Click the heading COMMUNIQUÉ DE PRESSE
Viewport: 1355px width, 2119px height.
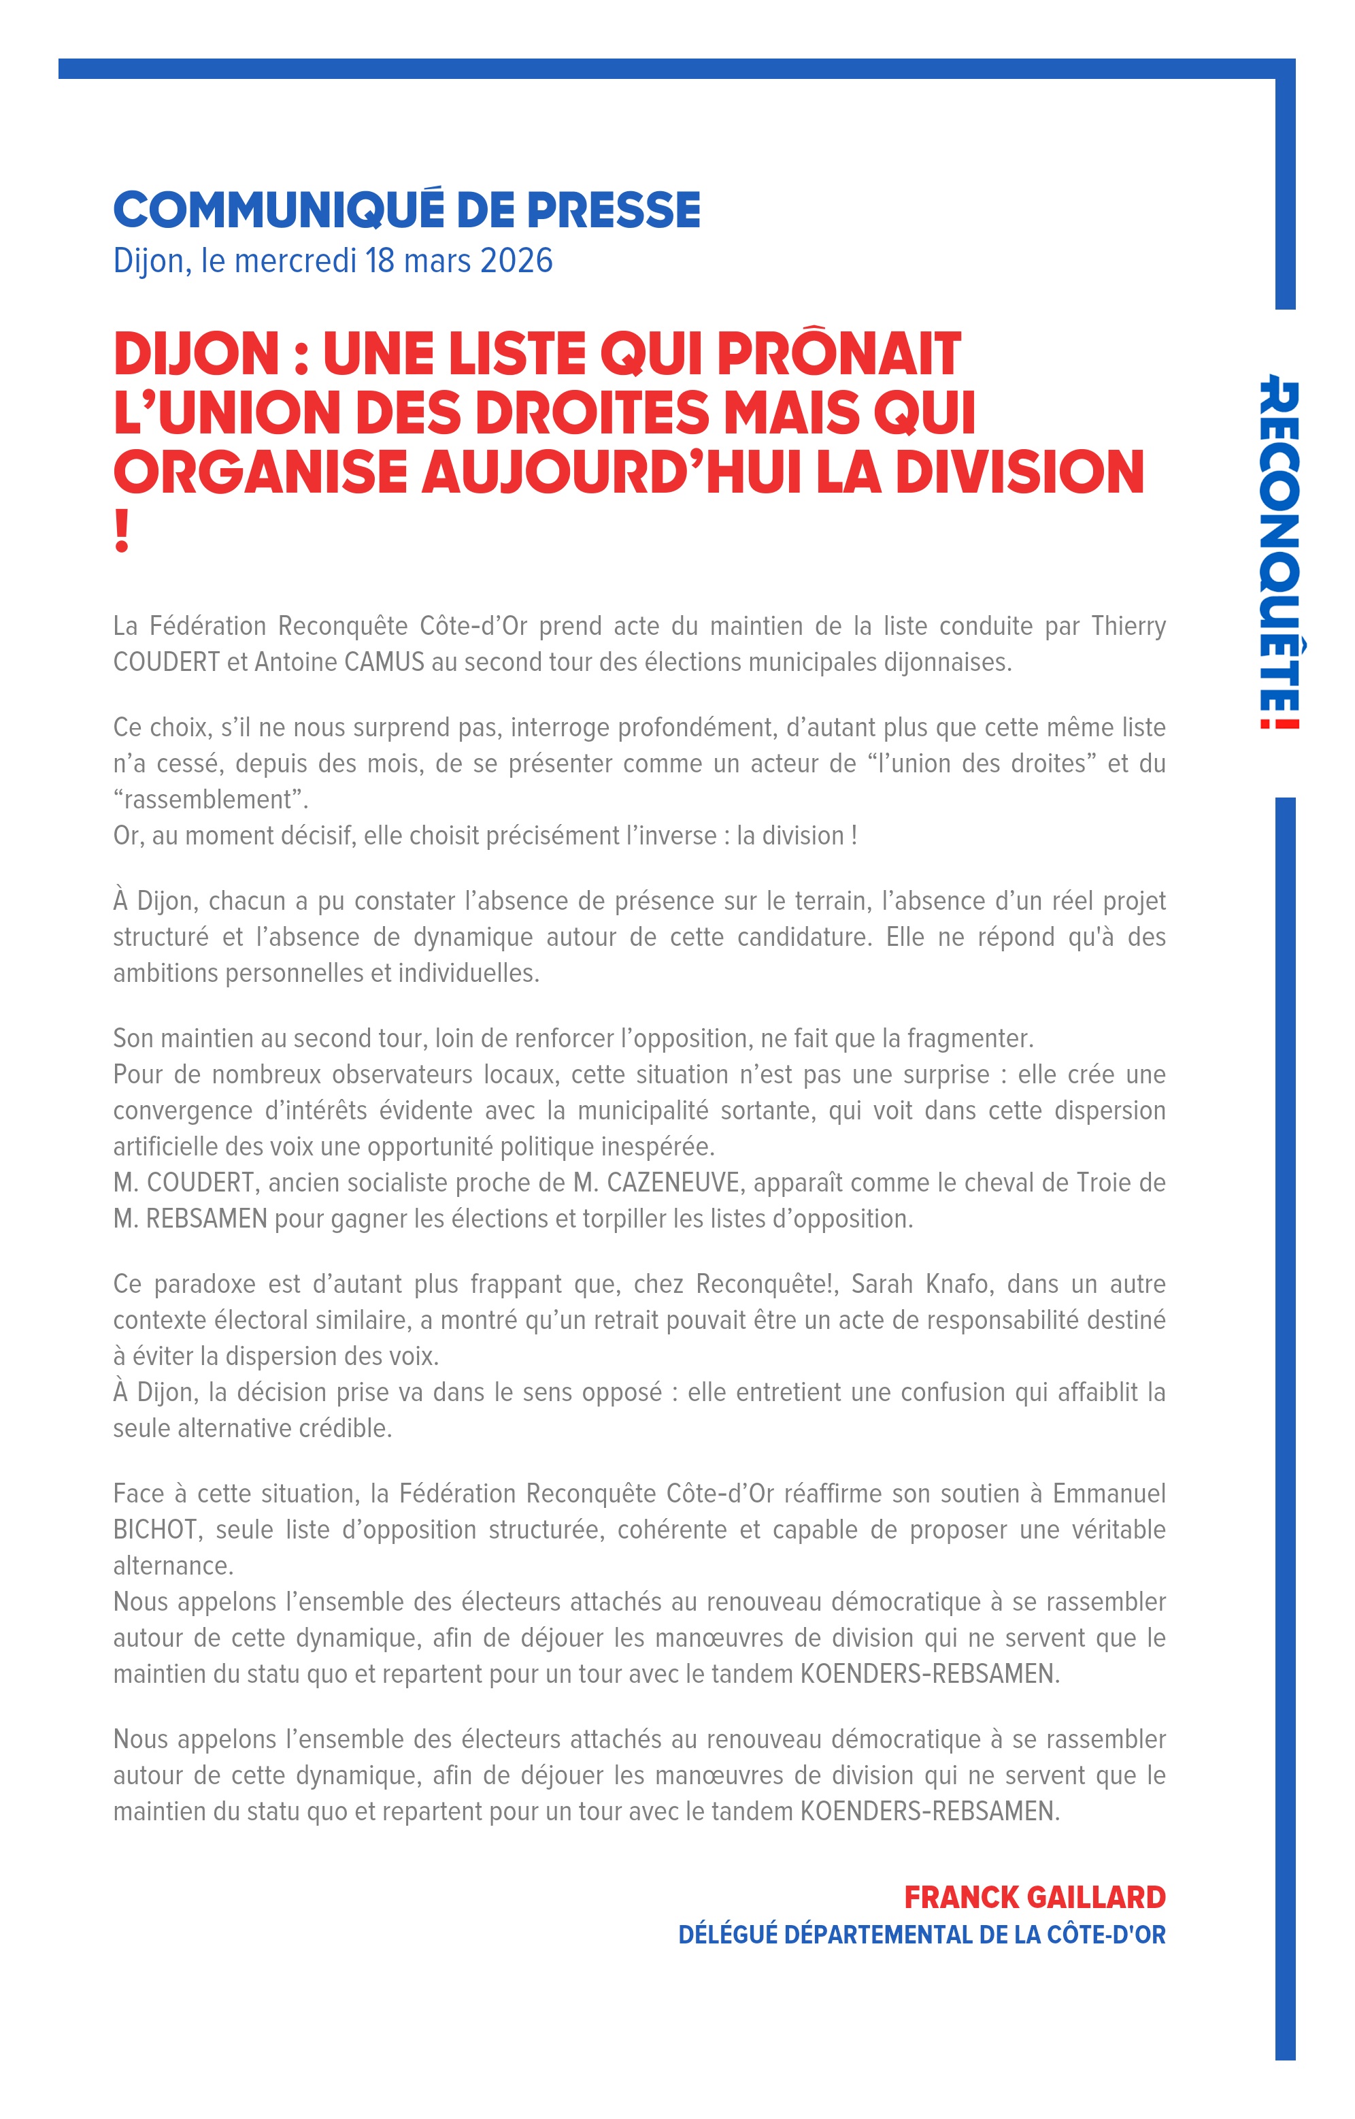[x=407, y=210]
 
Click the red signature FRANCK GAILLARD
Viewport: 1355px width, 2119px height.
[x=1035, y=1898]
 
